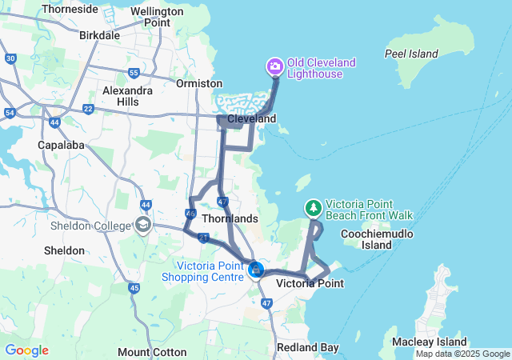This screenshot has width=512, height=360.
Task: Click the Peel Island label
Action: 411,54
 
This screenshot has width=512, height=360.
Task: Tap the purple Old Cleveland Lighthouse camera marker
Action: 274,66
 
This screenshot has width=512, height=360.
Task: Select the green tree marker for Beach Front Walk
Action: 313,208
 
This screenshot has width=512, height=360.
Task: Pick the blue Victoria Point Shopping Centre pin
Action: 256,270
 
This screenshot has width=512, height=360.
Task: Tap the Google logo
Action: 26,350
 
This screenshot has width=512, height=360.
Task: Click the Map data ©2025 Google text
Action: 462,353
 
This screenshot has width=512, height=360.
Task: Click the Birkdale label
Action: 100,35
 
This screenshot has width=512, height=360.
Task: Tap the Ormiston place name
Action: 199,83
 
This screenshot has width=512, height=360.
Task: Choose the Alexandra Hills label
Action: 127,96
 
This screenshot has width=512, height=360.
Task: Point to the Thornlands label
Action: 230,218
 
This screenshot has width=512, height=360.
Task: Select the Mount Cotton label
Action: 152,352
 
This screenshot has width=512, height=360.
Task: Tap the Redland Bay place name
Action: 307,347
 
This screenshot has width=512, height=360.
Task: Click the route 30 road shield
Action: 10,58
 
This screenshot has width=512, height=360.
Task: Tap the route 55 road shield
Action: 133,73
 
